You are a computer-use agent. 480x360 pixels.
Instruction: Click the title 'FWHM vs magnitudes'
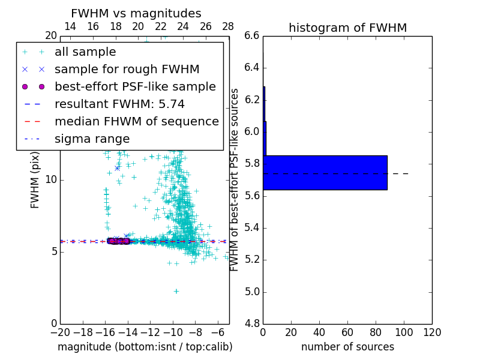pos(136,13)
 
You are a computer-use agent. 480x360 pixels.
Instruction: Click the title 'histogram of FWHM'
pos(347,28)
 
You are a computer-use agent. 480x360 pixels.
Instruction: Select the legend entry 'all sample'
pos(85,52)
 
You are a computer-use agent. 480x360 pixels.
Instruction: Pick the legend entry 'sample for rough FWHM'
pos(127,70)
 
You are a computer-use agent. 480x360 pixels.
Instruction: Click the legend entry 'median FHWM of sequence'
pos(136,122)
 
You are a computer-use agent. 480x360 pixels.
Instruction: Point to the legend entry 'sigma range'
pos(92,139)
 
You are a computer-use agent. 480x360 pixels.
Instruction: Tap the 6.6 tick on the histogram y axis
pos(252,35)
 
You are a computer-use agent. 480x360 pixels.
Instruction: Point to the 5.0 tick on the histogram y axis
pos(252,292)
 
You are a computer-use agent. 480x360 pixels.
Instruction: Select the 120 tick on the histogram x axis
pos(432,332)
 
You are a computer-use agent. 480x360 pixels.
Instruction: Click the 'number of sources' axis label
pos(347,347)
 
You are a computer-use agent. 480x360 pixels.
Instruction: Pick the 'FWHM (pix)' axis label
pos(35,179)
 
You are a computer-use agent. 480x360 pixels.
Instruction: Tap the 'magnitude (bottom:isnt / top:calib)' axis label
pos(145,347)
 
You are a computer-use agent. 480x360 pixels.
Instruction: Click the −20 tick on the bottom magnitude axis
pos(60,332)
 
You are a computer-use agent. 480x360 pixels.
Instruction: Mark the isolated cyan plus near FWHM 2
pos(176,291)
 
